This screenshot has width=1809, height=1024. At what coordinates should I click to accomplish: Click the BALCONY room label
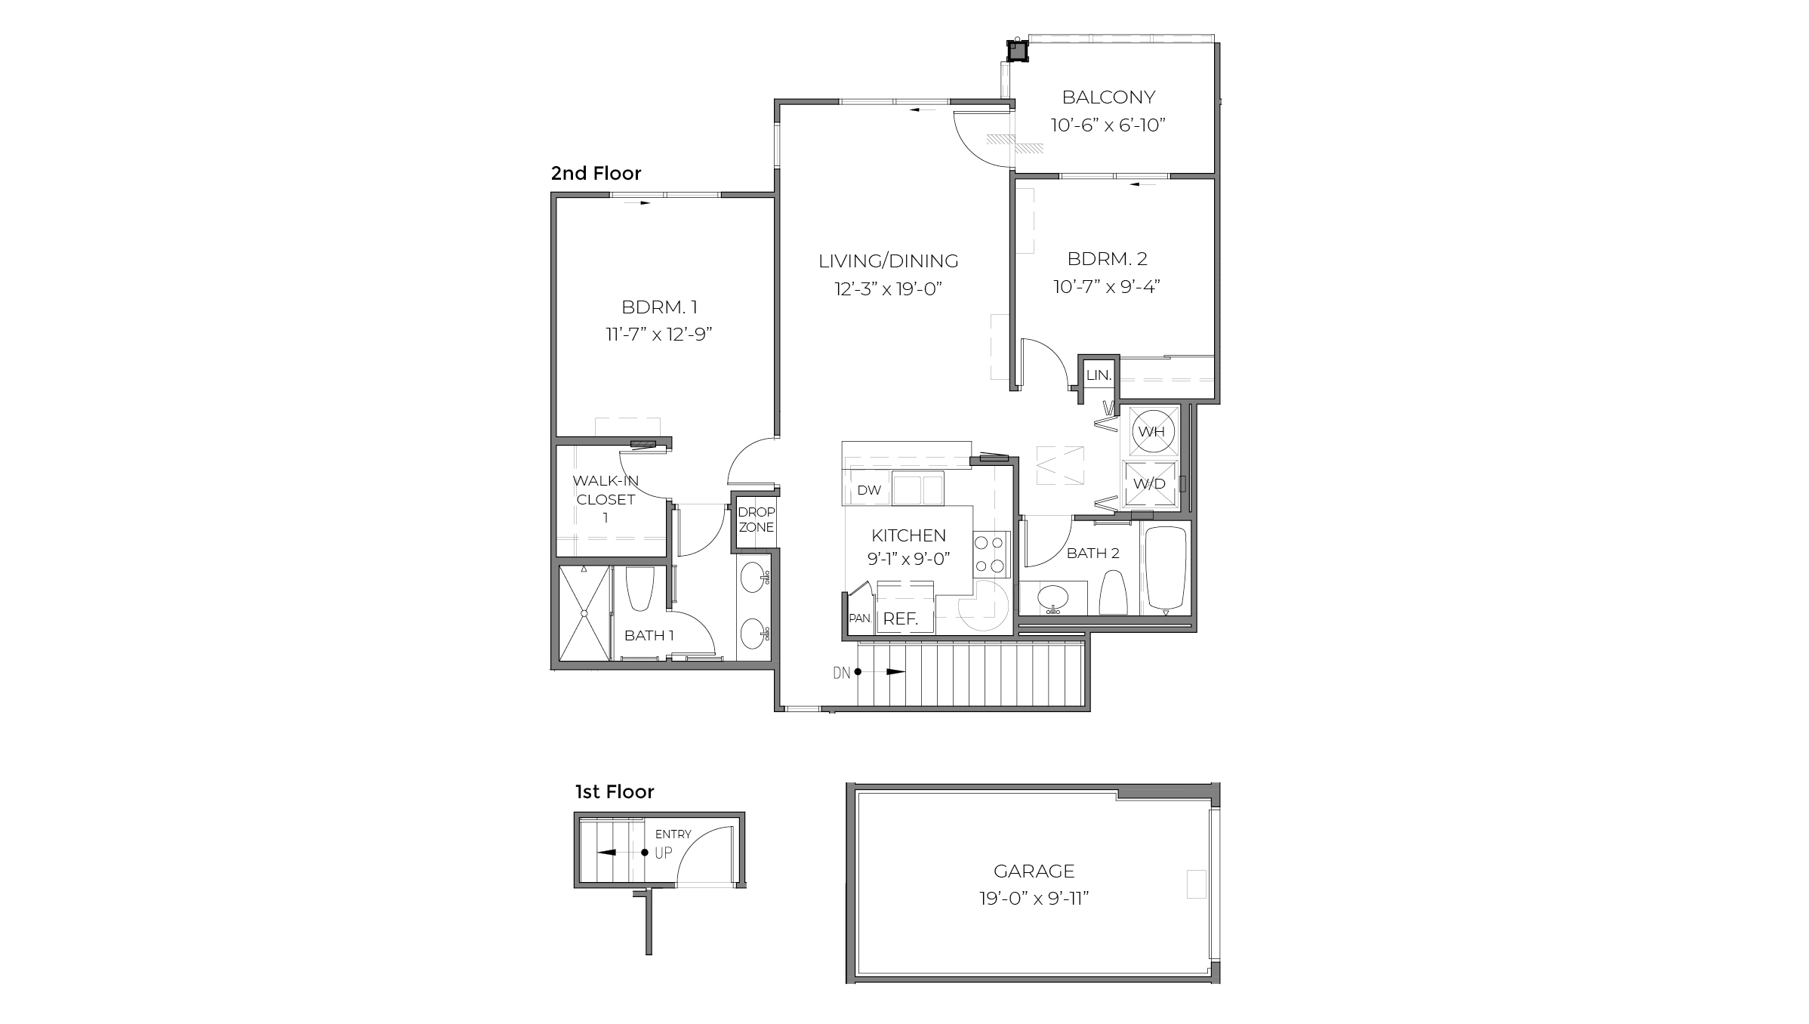point(1108,97)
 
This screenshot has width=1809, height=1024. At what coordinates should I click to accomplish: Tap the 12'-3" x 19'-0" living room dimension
point(889,289)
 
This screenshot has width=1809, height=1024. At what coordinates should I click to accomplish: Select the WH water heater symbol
point(1151,432)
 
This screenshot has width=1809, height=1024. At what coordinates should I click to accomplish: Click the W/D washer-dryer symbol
point(1150,484)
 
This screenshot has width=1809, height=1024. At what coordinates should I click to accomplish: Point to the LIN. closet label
point(1099,375)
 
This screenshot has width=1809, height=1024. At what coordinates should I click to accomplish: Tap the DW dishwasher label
point(869,490)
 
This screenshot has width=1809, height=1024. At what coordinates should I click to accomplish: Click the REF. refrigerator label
point(900,619)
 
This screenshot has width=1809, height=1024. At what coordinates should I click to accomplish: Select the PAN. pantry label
point(860,618)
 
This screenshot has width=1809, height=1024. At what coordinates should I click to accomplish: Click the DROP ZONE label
point(756,520)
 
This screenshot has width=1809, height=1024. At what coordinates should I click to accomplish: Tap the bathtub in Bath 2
point(1166,568)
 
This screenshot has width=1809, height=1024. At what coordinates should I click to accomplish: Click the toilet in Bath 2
point(1113,593)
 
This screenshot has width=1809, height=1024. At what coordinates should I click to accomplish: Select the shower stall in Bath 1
point(584,613)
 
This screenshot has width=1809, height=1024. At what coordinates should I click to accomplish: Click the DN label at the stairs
point(841,672)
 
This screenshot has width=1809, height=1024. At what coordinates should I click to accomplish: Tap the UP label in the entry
point(663,853)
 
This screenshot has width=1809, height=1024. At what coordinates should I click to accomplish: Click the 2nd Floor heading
point(596,174)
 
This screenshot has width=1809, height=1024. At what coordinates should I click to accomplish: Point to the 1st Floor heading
point(615,792)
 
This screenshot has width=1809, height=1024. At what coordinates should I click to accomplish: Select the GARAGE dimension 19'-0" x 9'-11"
point(1034,899)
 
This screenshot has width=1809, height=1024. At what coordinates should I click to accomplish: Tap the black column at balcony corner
point(1018,51)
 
